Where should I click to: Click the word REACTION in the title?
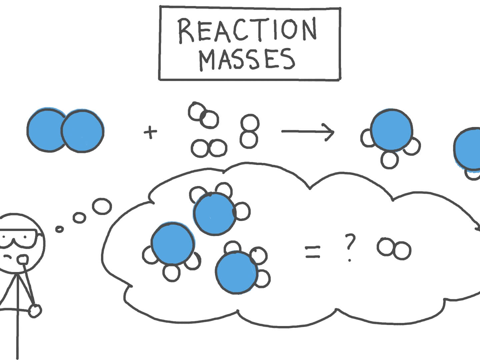(247, 31)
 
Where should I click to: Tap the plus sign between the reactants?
(150, 133)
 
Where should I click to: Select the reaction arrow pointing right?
(307, 132)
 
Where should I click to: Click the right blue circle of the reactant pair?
(83, 131)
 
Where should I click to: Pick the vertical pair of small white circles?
(249, 131)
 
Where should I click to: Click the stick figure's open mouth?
(23, 259)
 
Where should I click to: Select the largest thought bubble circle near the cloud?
(102, 206)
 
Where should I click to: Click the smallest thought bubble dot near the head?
(60, 229)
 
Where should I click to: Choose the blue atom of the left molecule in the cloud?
(172, 243)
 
